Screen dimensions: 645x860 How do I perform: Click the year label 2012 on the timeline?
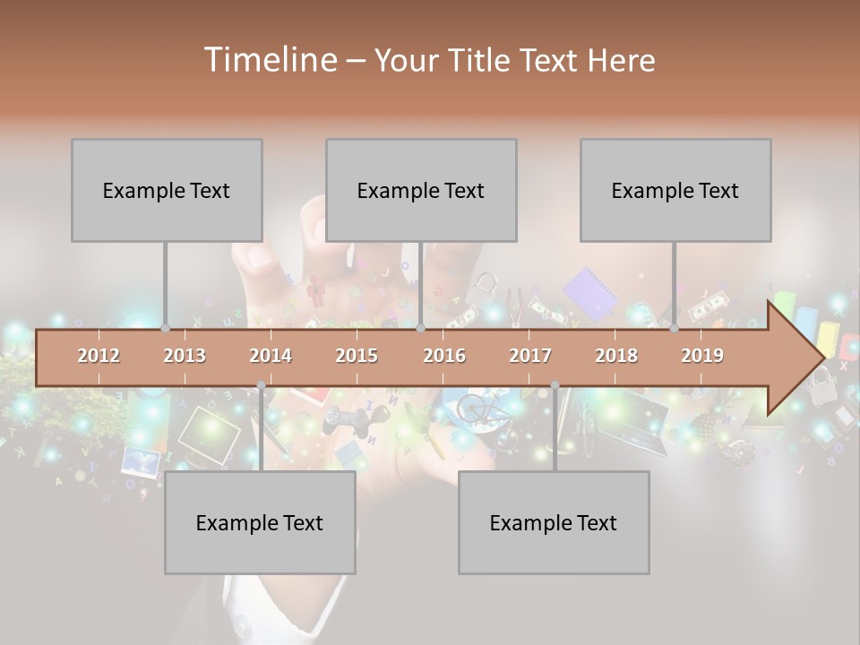(99, 356)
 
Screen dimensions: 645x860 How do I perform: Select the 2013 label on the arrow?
(185, 356)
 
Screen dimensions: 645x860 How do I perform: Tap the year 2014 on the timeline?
(271, 356)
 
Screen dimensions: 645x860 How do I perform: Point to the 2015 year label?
(357, 356)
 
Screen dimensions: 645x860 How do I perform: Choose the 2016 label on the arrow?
(444, 356)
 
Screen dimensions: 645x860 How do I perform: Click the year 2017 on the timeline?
(530, 356)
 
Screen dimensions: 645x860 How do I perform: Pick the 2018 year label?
(616, 356)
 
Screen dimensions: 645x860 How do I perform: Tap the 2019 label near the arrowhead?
(702, 356)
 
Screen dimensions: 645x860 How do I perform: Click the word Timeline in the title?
(269, 60)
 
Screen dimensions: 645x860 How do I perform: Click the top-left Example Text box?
(167, 190)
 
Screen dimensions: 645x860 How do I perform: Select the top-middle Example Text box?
(421, 190)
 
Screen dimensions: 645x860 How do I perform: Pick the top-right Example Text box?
(675, 190)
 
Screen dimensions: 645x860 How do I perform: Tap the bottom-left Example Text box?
(260, 522)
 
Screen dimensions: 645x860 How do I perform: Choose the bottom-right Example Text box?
(554, 522)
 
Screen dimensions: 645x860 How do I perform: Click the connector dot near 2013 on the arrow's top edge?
(166, 329)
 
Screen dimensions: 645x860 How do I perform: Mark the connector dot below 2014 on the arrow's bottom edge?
(261, 386)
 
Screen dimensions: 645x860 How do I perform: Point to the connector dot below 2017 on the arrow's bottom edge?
(555, 386)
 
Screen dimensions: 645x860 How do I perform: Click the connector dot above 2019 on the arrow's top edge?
(675, 329)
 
